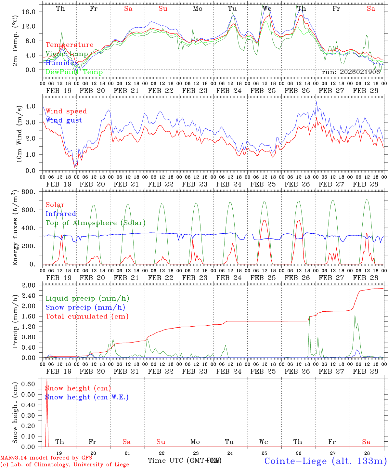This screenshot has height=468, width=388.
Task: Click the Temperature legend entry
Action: click(69, 45)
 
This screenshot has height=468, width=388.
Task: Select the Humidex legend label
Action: click(62, 63)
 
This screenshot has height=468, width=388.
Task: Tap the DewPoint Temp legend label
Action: click(74, 72)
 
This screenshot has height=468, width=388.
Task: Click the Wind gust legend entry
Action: click(64, 120)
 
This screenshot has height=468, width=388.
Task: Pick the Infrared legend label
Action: click(61, 214)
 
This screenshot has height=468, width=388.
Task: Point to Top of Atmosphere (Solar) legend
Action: click(96, 223)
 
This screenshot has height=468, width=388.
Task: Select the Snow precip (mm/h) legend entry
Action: click(85, 307)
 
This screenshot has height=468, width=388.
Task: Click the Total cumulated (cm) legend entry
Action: click(87, 317)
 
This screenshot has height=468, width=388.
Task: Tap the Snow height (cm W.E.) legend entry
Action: click(87, 397)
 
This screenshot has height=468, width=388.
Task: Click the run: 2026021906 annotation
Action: click(351, 72)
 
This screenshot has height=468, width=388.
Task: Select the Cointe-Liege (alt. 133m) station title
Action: click(325, 461)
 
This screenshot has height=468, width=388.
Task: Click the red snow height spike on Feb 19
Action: click(47, 390)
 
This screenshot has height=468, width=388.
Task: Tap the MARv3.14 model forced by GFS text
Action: click(46, 458)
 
